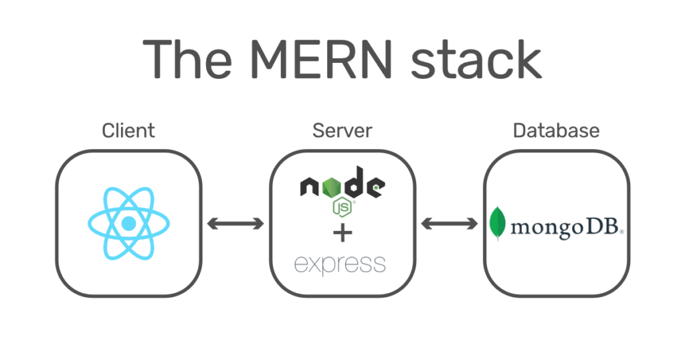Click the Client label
(x=128, y=130)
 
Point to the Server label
(x=342, y=130)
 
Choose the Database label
(x=556, y=130)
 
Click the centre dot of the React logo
(x=129, y=223)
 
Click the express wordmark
(x=340, y=264)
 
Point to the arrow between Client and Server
(x=235, y=224)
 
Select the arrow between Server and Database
(x=450, y=224)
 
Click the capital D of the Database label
(x=518, y=130)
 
